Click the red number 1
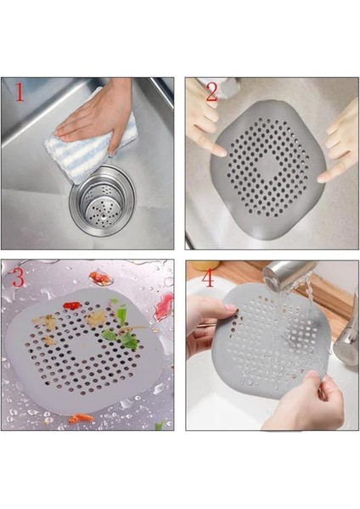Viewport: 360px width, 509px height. pyautogui.click(x=17, y=92)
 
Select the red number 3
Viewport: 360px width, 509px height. pyautogui.click(x=17, y=276)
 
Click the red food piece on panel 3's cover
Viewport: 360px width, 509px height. pyautogui.click(x=72, y=305)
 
